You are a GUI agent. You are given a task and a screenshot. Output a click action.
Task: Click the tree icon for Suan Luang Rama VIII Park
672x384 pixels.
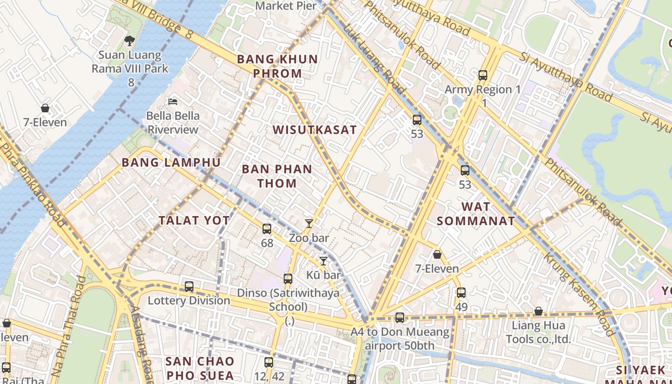click(129, 40)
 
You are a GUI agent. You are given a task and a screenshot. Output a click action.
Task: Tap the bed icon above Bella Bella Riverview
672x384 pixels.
click(173, 101)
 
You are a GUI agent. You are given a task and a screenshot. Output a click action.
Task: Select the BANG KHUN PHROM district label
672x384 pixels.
click(277, 66)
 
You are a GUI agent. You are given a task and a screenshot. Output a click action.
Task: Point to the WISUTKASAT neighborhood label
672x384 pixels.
click(315, 130)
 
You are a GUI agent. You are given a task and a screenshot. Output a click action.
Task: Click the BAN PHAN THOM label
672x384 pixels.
click(277, 176)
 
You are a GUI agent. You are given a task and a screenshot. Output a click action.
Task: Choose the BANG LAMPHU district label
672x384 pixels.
click(171, 163)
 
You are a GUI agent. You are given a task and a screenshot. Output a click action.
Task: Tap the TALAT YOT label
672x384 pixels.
click(194, 220)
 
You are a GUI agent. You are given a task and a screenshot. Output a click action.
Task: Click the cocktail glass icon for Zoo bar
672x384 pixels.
click(309, 224)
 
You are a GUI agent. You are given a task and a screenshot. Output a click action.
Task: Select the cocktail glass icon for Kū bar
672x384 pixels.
click(324, 261)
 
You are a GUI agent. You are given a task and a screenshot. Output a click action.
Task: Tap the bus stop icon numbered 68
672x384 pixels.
click(267, 229)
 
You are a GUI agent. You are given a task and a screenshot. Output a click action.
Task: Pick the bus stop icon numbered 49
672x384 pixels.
click(461, 292)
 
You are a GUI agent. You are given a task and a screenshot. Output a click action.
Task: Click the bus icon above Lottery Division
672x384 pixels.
click(189, 287)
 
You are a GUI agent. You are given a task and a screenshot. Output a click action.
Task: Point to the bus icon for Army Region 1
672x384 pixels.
click(483, 75)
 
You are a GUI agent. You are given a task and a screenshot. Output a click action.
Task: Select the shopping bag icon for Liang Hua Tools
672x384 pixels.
click(539, 312)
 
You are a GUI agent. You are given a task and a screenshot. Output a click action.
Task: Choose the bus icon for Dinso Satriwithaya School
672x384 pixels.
click(288, 278)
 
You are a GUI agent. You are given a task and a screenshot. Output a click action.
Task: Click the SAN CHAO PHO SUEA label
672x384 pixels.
click(200, 368)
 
